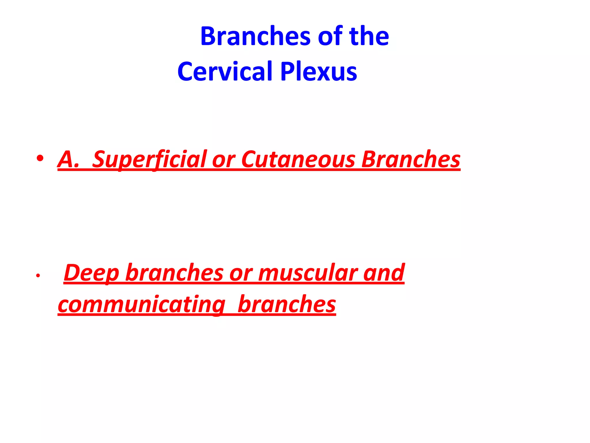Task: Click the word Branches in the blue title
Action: pyautogui.click(x=255, y=36)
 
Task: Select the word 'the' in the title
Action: pyautogui.click(x=369, y=36)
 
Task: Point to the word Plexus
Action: pyautogui.click(x=319, y=72)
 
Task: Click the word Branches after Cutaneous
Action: pyautogui.click(x=411, y=159)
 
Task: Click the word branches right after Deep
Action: pyautogui.click(x=174, y=273)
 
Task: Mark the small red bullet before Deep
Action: pyautogui.click(x=38, y=276)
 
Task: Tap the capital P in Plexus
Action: pyautogui.click(x=287, y=72)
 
